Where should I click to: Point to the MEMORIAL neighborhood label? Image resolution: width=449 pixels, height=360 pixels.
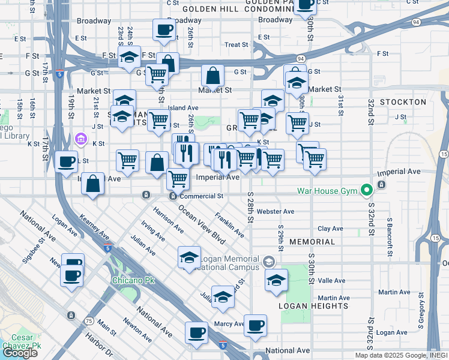pyautogui.click(x=312, y=242)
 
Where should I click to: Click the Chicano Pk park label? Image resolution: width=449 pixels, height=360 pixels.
pyautogui.click(x=130, y=280)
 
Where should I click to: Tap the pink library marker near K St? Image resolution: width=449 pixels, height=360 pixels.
pyautogui.click(x=80, y=139)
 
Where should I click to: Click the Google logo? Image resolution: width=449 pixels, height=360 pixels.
pyautogui.click(x=20, y=353)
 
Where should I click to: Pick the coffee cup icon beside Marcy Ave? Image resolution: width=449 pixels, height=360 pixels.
pyautogui.click(x=255, y=325)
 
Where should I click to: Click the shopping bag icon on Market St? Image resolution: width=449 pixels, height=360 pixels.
pyautogui.click(x=213, y=76)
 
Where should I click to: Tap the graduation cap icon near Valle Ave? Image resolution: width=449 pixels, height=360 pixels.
pyautogui.click(x=276, y=280)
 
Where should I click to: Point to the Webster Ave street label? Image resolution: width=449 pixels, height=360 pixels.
pyautogui.click(x=276, y=212)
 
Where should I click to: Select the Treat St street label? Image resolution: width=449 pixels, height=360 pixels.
pyautogui.click(x=237, y=45)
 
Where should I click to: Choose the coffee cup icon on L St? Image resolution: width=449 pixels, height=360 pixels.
pyautogui.click(x=65, y=161)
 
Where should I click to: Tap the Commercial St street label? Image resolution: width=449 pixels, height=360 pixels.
pyautogui.click(x=202, y=196)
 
